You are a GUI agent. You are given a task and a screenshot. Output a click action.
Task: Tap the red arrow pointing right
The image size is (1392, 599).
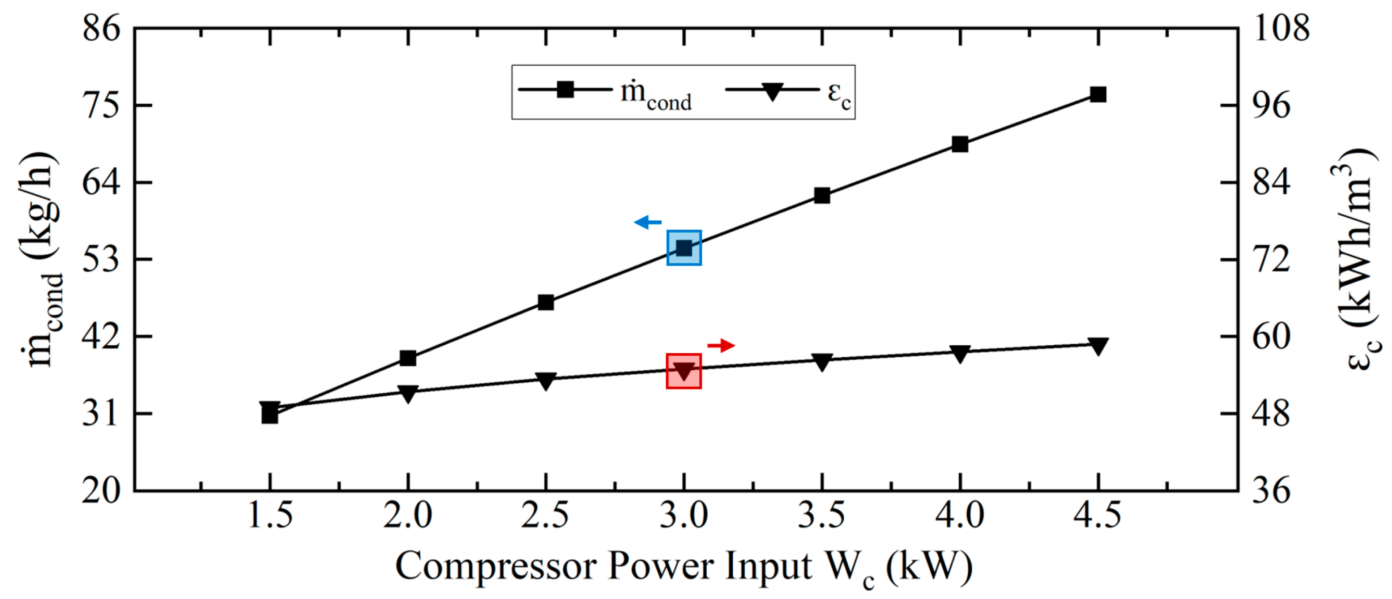(721, 345)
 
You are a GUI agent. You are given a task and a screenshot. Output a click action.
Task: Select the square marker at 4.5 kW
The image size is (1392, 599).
(1098, 95)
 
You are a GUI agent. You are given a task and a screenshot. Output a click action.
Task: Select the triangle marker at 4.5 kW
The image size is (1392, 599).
(1098, 346)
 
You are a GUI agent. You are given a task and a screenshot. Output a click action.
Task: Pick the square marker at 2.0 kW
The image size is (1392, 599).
(408, 358)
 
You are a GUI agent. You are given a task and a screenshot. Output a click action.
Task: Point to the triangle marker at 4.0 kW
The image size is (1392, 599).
(960, 353)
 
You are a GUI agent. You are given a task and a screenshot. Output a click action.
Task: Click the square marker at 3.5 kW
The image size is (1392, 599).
(822, 196)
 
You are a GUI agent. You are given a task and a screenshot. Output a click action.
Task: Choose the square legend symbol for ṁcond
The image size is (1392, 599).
(565, 89)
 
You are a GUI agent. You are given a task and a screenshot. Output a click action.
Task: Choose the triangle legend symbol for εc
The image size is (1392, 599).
(772, 91)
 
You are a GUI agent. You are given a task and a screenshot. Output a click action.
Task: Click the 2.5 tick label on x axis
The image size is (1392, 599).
(545, 515)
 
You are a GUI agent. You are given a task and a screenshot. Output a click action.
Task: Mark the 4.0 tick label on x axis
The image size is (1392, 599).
(960, 515)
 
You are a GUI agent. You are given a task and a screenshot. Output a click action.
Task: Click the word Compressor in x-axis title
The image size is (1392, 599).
(494, 566)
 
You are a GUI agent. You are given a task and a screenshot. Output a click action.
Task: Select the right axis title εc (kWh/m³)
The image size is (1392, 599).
(1356, 259)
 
